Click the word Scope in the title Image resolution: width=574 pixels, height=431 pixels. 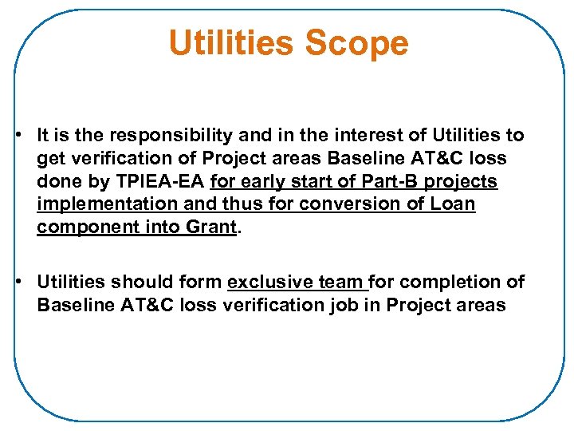pos(357,43)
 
